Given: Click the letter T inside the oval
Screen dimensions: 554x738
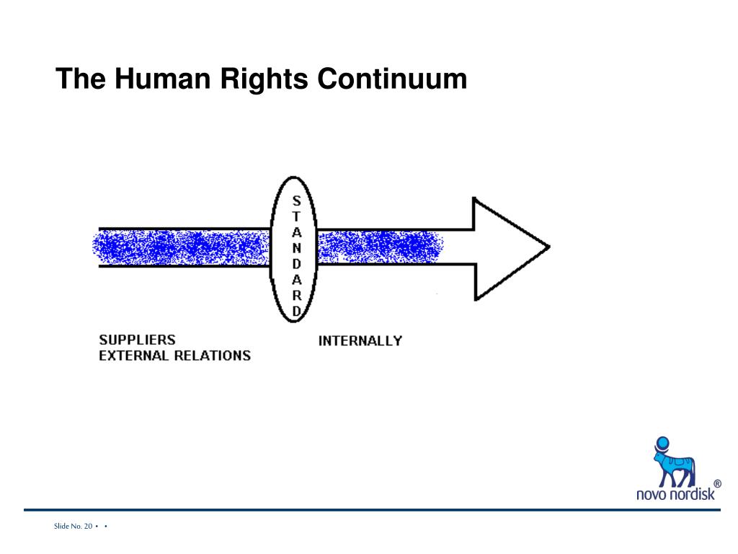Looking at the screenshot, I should [296, 217].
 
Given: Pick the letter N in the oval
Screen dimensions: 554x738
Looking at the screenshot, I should [296, 248].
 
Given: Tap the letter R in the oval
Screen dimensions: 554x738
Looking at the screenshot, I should [296, 296].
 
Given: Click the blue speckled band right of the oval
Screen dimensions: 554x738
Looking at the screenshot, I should [378, 247].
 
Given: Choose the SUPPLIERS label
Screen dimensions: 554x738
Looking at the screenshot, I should [137, 340].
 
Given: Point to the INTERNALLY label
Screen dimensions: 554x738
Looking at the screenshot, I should [360, 340].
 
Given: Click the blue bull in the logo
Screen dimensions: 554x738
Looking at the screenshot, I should [673, 465].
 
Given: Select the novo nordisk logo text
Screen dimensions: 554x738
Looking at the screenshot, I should [675, 495].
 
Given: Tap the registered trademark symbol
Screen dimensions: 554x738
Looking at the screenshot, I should [717, 484].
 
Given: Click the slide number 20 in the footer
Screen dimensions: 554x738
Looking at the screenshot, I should [87, 527].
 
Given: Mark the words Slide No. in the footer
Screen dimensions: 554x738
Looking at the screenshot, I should [67, 527].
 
